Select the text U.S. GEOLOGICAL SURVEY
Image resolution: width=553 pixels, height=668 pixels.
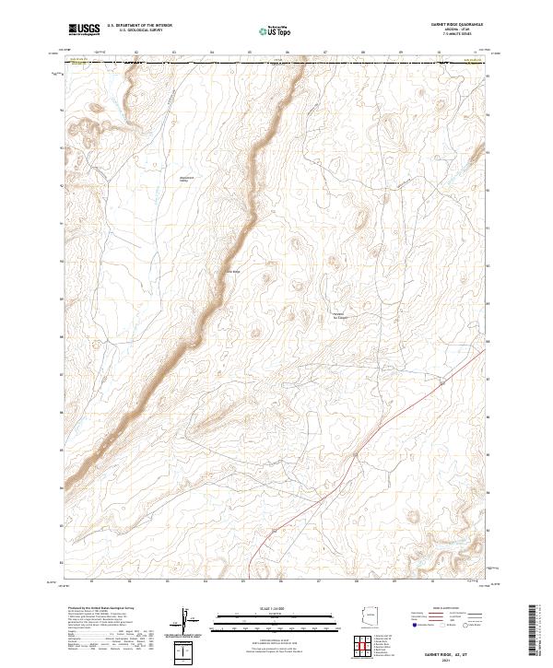136,32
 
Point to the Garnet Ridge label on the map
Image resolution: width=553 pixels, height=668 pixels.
231,271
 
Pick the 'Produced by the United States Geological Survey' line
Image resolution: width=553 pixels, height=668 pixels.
100,609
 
